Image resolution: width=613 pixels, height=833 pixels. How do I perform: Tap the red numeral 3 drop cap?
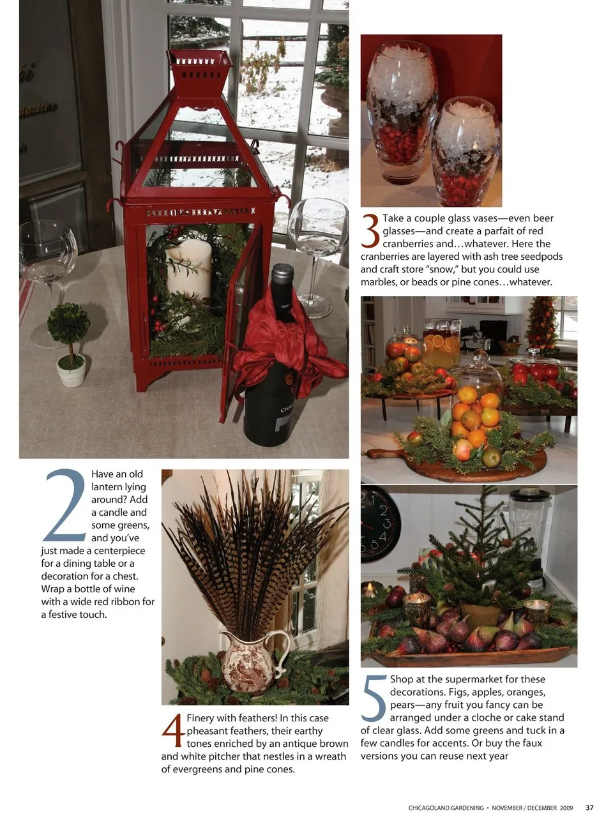(x=370, y=231)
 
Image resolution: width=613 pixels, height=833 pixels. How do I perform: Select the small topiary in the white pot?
(x=70, y=344)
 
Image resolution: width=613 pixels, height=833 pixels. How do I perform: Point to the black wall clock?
(x=380, y=523)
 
